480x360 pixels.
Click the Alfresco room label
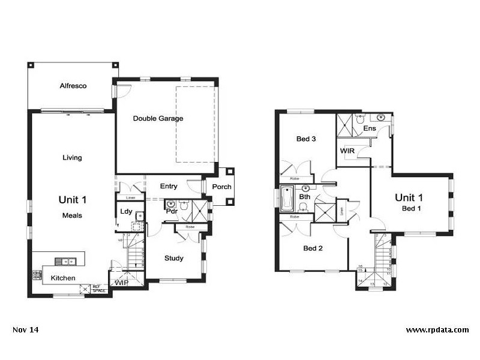click(x=73, y=86)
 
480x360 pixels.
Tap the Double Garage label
click(x=158, y=118)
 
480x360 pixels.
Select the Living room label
click(x=72, y=158)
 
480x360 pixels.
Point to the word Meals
click(x=72, y=215)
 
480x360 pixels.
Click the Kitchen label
click(x=62, y=278)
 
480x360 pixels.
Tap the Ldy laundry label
click(x=125, y=211)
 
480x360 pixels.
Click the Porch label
click(x=221, y=187)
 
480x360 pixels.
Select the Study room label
click(x=174, y=259)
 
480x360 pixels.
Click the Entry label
click(x=169, y=187)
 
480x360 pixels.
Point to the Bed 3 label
click(x=306, y=139)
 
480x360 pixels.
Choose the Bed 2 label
click(x=313, y=248)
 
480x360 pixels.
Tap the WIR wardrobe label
click(x=347, y=151)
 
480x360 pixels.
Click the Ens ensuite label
click(x=370, y=128)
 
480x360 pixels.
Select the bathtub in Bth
click(x=286, y=199)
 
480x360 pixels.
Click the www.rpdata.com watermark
click(x=437, y=330)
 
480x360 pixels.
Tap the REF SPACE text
click(x=99, y=289)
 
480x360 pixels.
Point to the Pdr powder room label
click(x=170, y=211)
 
